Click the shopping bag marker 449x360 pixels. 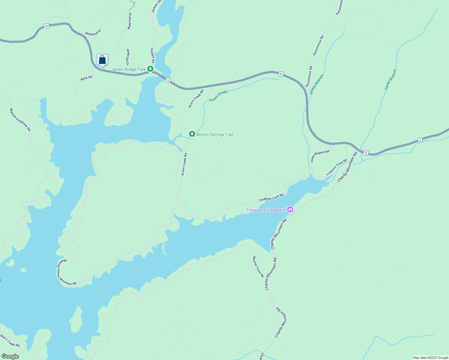[102, 60]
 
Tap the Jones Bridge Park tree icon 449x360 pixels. [150, 69]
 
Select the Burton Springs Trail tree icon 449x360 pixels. [192, 134]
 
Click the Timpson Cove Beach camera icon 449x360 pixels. [290, 210]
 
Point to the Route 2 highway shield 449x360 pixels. [420, 140]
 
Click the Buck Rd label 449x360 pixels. [86, 78]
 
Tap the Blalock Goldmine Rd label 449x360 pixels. [20, 120]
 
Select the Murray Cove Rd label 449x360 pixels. [258, 267]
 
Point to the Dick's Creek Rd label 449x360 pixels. [10, 340]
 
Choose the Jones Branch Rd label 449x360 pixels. [320, 156]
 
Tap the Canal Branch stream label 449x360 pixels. [390, 80]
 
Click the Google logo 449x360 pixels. [10, 356]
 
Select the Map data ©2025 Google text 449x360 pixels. [430, 358]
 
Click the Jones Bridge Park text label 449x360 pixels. [129, 69]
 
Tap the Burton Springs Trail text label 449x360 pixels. [215, 134]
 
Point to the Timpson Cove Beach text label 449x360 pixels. [266, 210]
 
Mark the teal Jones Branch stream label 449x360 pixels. [316, 85]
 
